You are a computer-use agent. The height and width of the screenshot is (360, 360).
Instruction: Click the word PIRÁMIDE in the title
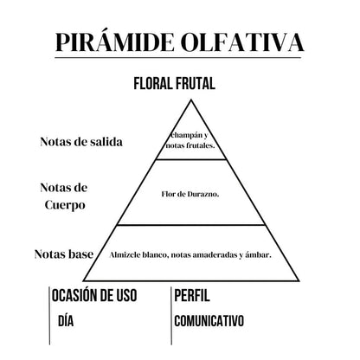115,42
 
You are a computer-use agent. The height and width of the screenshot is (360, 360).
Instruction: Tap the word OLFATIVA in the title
243,42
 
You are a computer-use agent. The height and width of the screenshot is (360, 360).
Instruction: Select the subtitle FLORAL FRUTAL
175,84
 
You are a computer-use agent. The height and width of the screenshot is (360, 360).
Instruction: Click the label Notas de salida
81,142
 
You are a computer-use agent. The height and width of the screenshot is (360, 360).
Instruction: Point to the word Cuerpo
65,206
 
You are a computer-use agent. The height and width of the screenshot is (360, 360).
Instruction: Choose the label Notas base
64,254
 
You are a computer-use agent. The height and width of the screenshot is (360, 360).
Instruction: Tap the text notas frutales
190,145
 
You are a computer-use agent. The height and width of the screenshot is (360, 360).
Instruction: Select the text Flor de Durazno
190,194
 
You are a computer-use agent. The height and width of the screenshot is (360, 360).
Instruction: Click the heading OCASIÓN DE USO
94,295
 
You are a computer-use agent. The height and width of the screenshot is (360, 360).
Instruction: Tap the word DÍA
66,321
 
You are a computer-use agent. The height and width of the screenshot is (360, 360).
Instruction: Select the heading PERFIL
192,295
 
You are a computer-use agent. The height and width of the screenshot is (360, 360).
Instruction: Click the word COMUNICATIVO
209,321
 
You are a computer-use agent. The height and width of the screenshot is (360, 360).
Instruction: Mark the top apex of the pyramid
191,100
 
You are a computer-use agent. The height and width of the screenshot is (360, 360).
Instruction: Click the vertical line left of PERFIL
171,316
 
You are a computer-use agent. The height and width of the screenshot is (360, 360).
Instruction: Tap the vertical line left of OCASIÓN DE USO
49,316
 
